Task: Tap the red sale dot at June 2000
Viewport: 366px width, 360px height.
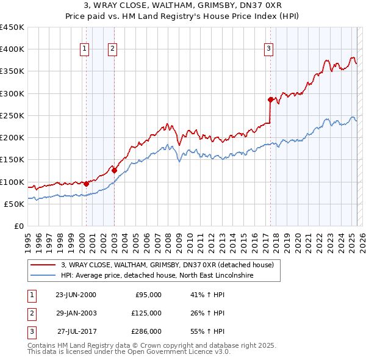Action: (86, 184)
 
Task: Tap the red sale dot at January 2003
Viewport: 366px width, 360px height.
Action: (114, 170)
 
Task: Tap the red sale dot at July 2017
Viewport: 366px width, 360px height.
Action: (270, 99)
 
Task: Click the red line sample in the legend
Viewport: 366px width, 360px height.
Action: (43, 265)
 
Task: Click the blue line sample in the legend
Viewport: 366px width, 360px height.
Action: (43, 275)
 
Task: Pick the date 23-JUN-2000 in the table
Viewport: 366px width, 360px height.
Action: (76, 295)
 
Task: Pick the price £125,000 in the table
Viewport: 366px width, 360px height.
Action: (146, 313)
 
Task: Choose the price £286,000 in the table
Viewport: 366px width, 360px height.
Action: (146, 331)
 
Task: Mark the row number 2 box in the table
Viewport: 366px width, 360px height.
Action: (30, 313)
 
